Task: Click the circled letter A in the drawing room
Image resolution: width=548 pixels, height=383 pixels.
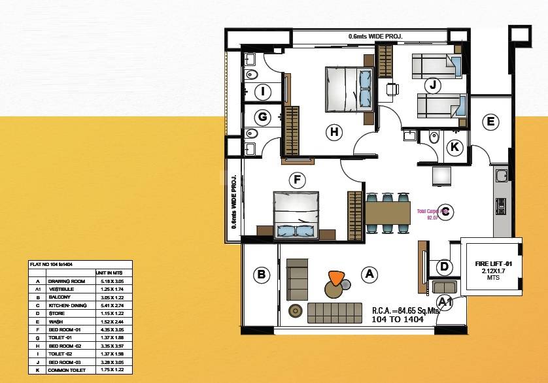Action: [x=369, y=274]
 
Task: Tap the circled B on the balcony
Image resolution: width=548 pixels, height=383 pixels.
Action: [x=262, y=275]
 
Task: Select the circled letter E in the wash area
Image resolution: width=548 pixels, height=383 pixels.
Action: [x=490, y=122]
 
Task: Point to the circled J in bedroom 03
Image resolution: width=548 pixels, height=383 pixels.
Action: [x=432, y=85]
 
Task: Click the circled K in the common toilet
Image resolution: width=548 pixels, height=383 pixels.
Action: [x=454, y=147]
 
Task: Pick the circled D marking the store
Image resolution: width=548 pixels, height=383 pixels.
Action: [x=444, y=267]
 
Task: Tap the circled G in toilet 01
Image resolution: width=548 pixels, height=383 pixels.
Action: [x=263, y=118]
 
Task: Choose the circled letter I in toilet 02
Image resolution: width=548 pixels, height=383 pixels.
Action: [x=263, y=92]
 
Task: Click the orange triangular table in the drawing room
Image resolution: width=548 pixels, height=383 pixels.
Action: [x=336, y=278]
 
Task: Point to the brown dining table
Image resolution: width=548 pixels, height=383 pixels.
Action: [x=387, y=212]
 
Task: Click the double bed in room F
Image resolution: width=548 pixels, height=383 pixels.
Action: [x=296, y=214]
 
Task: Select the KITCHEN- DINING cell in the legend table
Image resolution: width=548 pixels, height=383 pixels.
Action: [x=67, y=304]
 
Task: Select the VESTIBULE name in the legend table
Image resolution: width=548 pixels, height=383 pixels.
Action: [x=61, y=288]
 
